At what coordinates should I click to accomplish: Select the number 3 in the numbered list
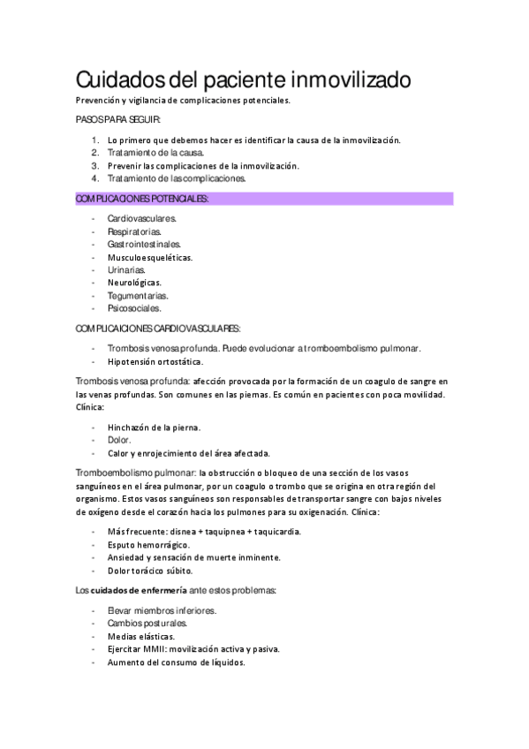point(94,165)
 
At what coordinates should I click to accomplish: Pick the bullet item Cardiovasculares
point(141,217)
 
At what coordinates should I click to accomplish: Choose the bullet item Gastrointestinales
point(144,244)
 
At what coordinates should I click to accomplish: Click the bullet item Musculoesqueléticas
point(149,257)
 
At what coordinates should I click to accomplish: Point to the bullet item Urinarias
point(126,269)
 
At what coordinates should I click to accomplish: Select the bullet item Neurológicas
point(134,283)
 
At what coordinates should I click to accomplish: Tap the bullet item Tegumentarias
point(138,296)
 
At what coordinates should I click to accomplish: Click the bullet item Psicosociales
point(134,309)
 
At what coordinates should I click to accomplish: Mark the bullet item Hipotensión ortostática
point(155,361)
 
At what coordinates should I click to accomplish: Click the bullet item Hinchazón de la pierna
point(154,427)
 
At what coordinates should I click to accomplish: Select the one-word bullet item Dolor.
point(119,440)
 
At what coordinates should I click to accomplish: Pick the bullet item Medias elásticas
point(140,636)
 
